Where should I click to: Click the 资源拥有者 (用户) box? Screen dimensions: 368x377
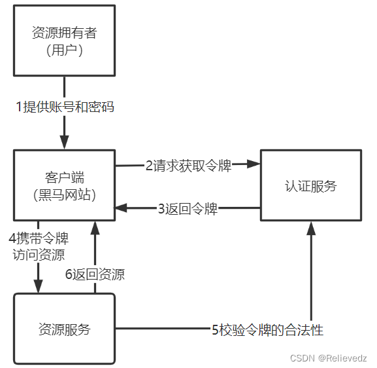point(64,41)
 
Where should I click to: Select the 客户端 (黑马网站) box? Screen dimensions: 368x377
point(64,185)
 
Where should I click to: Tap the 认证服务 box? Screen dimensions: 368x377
point(310,185)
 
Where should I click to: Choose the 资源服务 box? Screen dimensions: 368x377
point(64,329)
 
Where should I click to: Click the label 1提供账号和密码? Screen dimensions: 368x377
point(65,107)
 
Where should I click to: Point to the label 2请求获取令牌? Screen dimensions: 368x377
point(188,165)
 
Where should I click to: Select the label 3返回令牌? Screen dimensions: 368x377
point(188,210)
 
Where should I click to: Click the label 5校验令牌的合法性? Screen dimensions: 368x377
point(267,330)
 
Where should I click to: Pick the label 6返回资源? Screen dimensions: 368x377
point(95,275)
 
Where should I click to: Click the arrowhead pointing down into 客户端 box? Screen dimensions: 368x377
point(64,142)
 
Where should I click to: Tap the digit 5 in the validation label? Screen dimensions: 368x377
point(215,330)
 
